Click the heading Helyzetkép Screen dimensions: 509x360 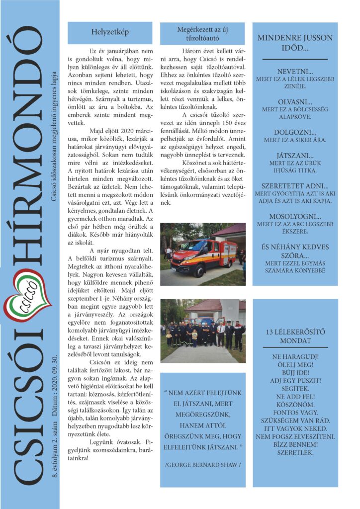[x=110, y=32]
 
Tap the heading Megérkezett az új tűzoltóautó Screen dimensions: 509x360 [x=202, y=33]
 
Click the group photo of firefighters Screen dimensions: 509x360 [x=203, y=330]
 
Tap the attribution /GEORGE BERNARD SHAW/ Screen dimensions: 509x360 [x=202, y=464]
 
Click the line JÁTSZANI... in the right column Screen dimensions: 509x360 [x=295, y=155]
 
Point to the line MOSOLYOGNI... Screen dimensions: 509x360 [x=295, y=217]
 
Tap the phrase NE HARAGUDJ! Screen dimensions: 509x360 [x=295, y=357]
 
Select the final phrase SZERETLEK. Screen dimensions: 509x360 [x=295, y=453]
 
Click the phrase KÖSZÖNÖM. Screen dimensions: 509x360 [x=295, y=405]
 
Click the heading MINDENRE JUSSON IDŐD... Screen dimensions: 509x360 [x=295, y=44]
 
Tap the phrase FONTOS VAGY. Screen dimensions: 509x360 [x=295, y=413]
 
